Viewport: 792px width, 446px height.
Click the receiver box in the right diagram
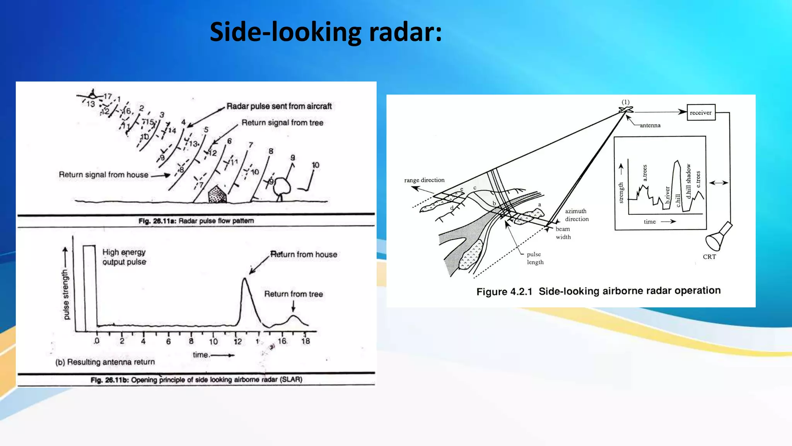point(700,112)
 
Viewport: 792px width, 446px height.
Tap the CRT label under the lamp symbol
point(709,257)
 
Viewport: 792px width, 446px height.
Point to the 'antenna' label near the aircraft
point(650,125)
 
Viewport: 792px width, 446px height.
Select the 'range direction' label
point(424,180)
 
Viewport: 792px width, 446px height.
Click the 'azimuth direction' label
point(577,215)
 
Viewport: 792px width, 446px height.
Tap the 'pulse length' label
point(535,258)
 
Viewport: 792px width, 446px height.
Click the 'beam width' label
point(563,233)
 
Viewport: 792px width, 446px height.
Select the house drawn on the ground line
point(217,194)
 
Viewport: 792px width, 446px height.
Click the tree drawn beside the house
point(282,188)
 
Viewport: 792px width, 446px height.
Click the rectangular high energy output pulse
point(89,288)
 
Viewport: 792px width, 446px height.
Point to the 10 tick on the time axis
point(213,341)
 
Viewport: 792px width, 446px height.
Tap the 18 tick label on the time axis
point(306,341)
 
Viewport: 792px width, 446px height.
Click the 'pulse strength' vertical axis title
point(66,294)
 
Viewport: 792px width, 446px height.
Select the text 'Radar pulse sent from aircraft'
point(279,106)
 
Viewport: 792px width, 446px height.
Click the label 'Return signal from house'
point(103,175)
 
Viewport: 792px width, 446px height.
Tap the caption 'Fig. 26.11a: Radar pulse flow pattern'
point(196,221)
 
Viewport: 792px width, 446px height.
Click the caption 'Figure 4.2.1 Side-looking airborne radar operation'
point(598,291)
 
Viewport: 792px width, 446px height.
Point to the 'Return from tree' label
point(293,294)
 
